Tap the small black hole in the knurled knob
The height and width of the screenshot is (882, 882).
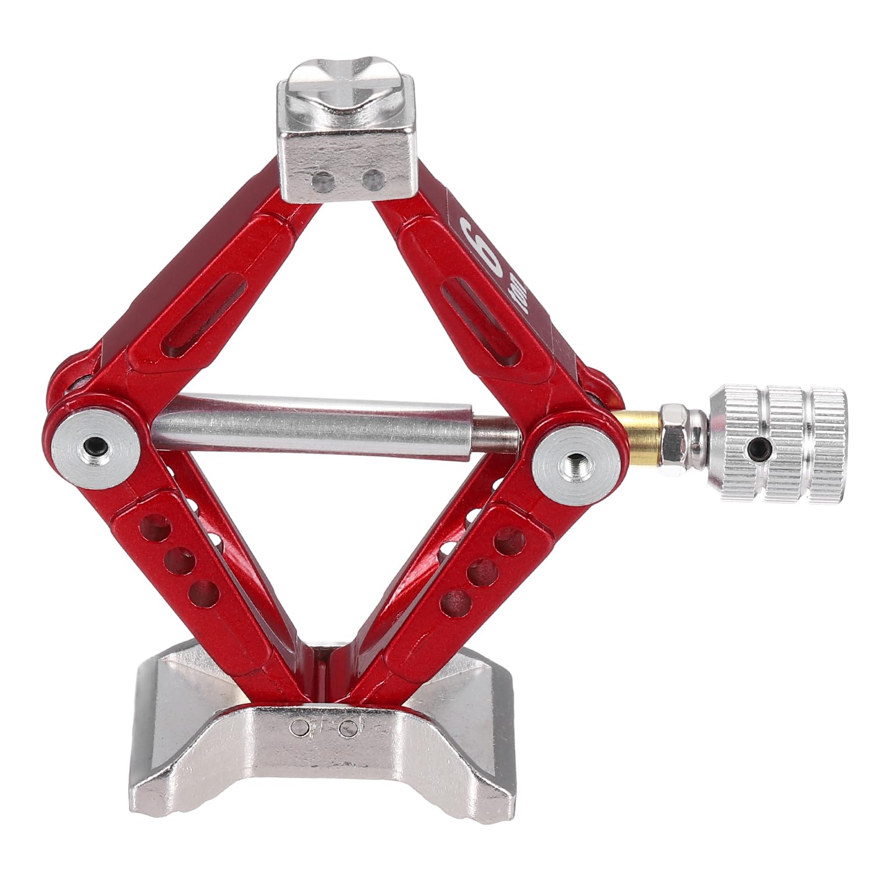pos(761,444)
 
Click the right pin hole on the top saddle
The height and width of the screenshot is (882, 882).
pos(374,179)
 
